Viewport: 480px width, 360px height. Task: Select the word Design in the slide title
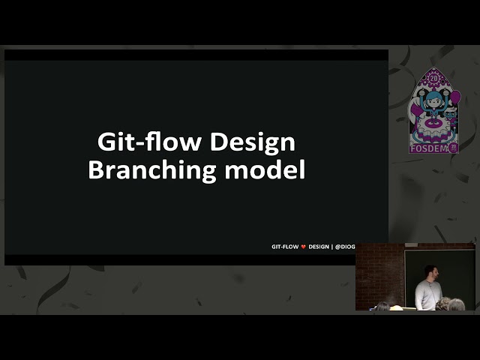point(252,142)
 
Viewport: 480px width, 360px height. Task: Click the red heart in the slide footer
point(303,246)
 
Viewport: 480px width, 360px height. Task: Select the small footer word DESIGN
point(319,246)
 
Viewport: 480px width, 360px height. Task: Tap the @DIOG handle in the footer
point(346,246)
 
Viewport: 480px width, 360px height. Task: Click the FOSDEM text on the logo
point(428,148)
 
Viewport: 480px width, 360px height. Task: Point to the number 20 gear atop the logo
point(433,78)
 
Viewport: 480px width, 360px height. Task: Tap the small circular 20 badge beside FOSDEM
point(454,148)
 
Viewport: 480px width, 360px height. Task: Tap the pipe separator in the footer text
point(332,246)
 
